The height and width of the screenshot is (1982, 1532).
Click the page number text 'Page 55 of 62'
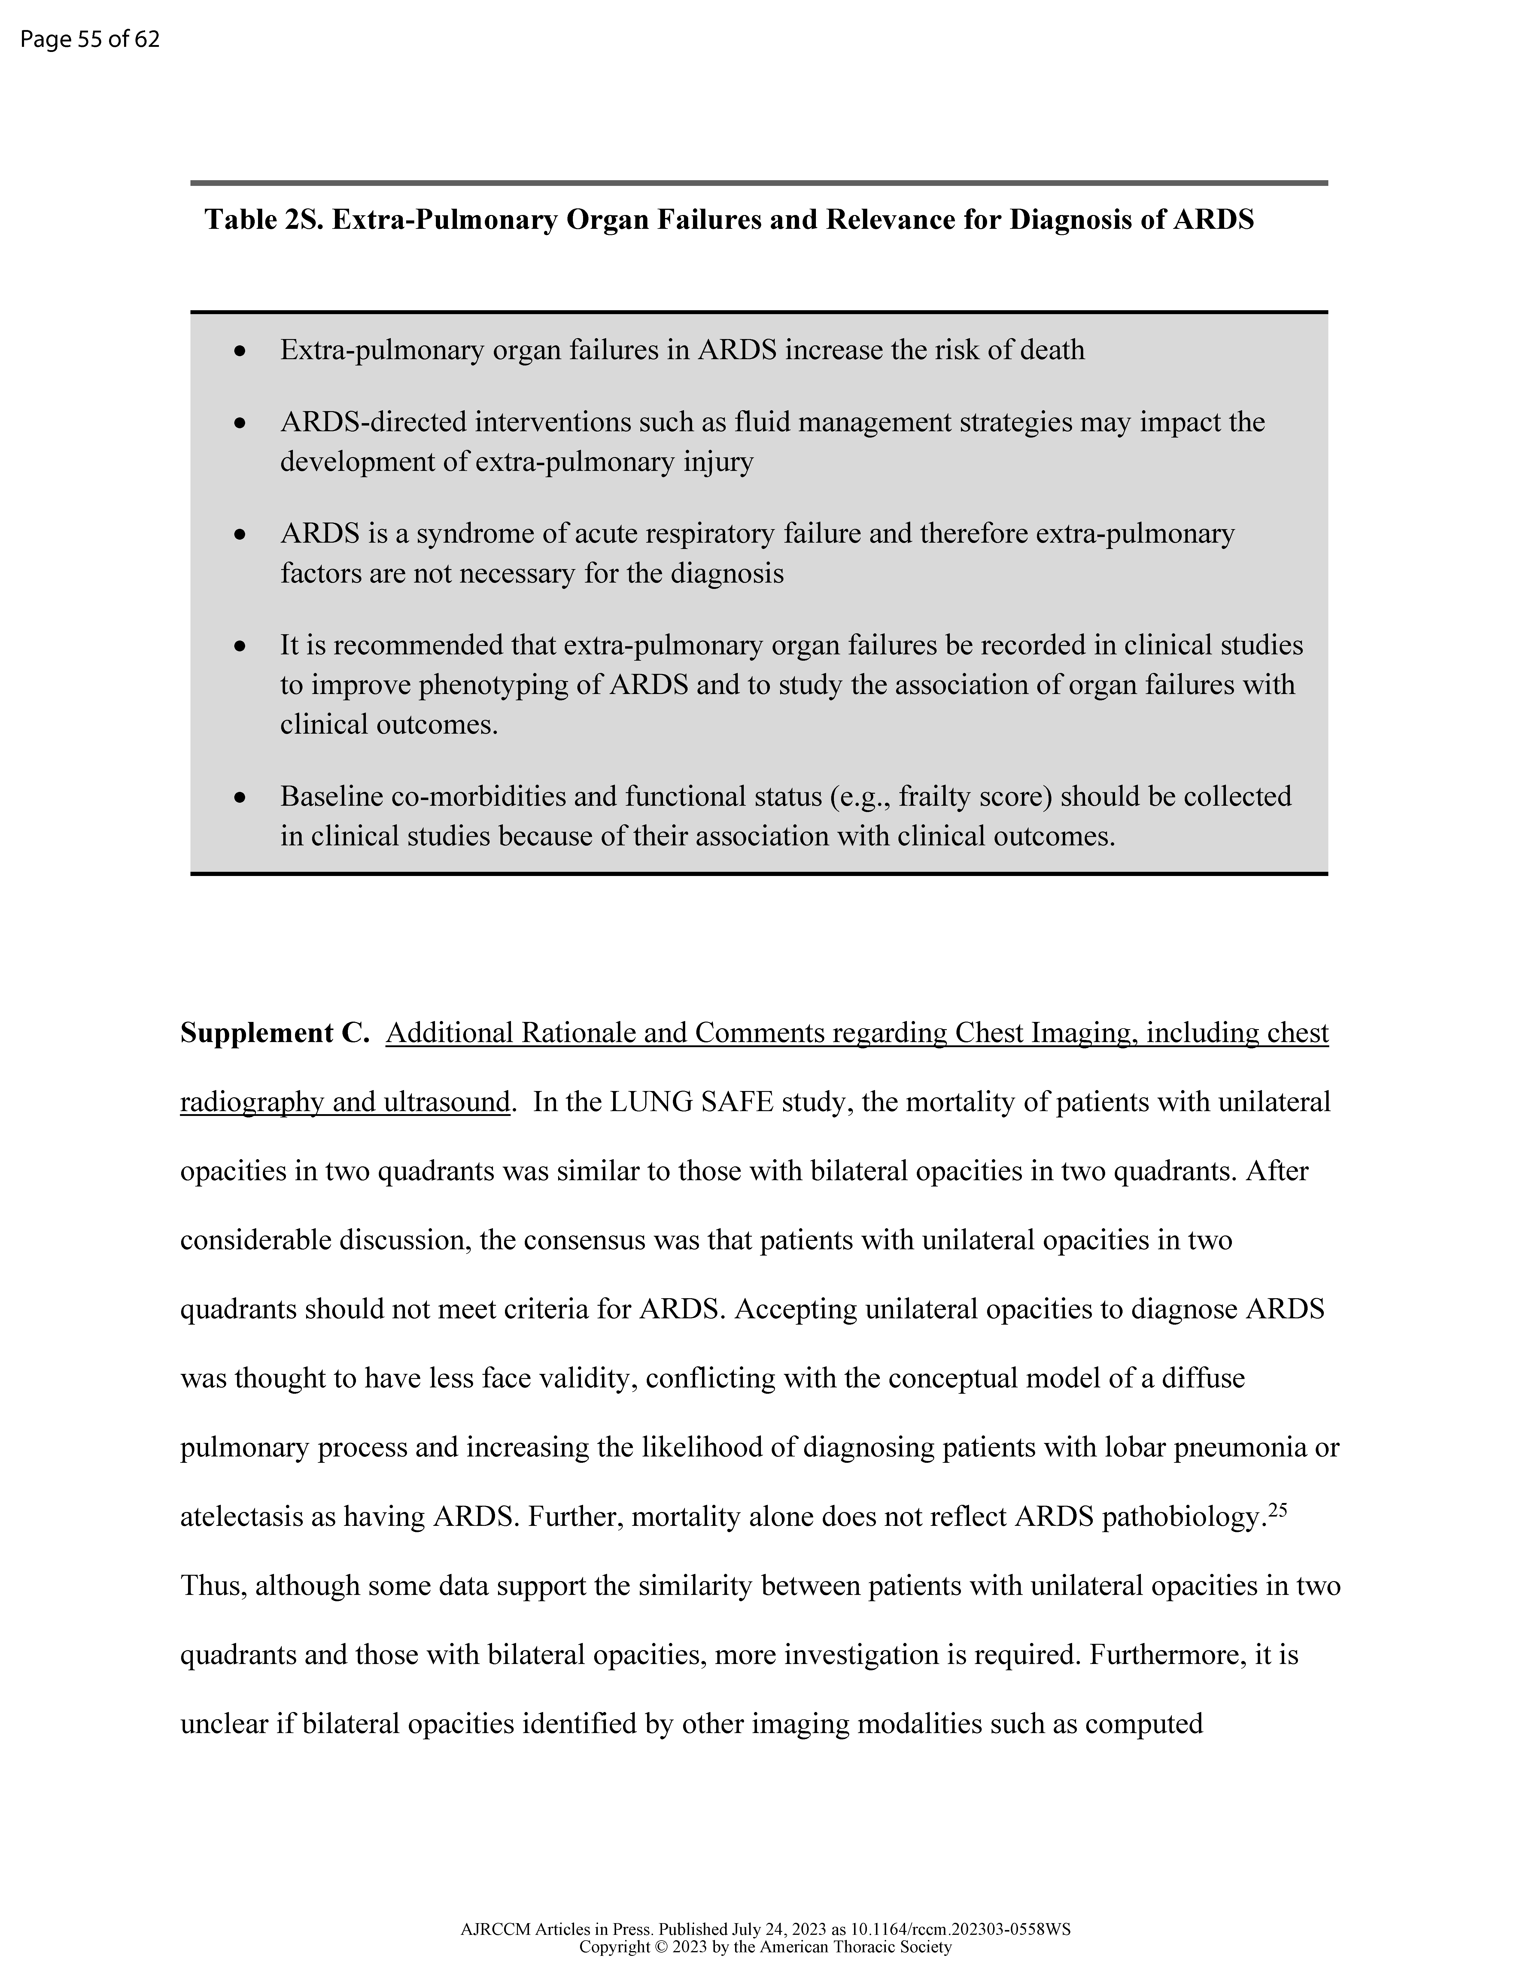point(90,40)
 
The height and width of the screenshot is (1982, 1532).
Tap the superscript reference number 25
point(1278,1508)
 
